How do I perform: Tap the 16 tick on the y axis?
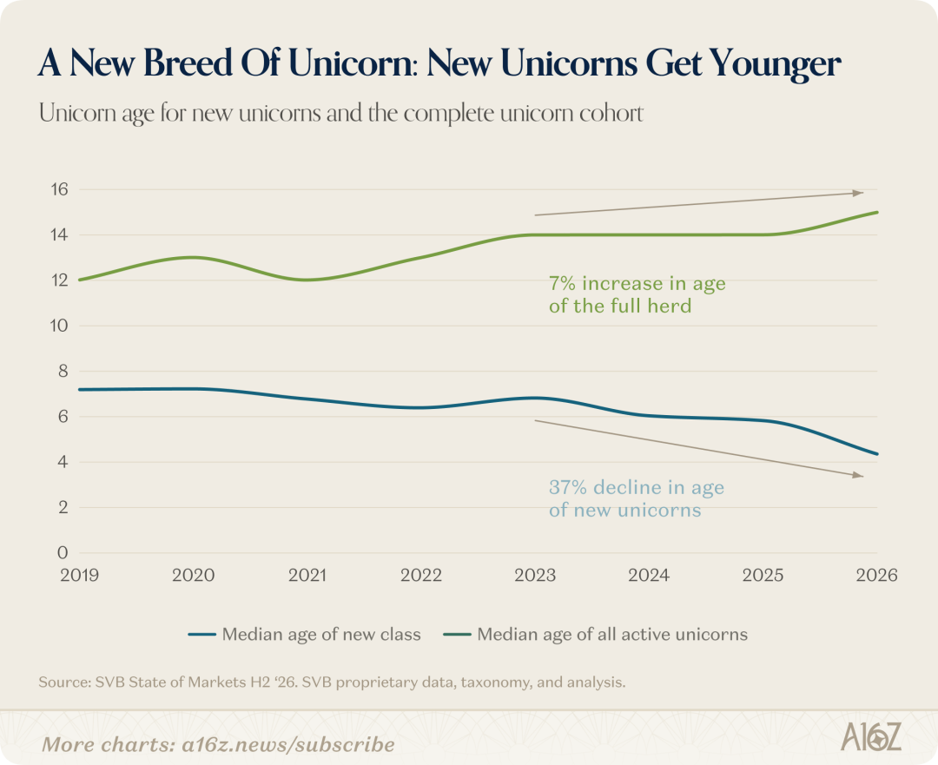pos(60,189)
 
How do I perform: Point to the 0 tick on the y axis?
pos(63,552)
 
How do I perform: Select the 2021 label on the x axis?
pos(307,576)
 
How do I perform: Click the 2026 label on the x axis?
pos(877,576)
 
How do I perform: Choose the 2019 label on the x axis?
pos(80,576)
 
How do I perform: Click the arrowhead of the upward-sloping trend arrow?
pos(858,193)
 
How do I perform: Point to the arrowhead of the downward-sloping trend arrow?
pos(858,476)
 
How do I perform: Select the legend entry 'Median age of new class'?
pos(305,634)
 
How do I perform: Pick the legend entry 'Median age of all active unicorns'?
pos(595,634)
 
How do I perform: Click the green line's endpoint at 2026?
pos(877,213)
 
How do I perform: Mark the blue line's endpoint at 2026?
pos(877,454)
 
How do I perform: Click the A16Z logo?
pos(870,736)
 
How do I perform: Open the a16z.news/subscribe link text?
pos(288,745)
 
